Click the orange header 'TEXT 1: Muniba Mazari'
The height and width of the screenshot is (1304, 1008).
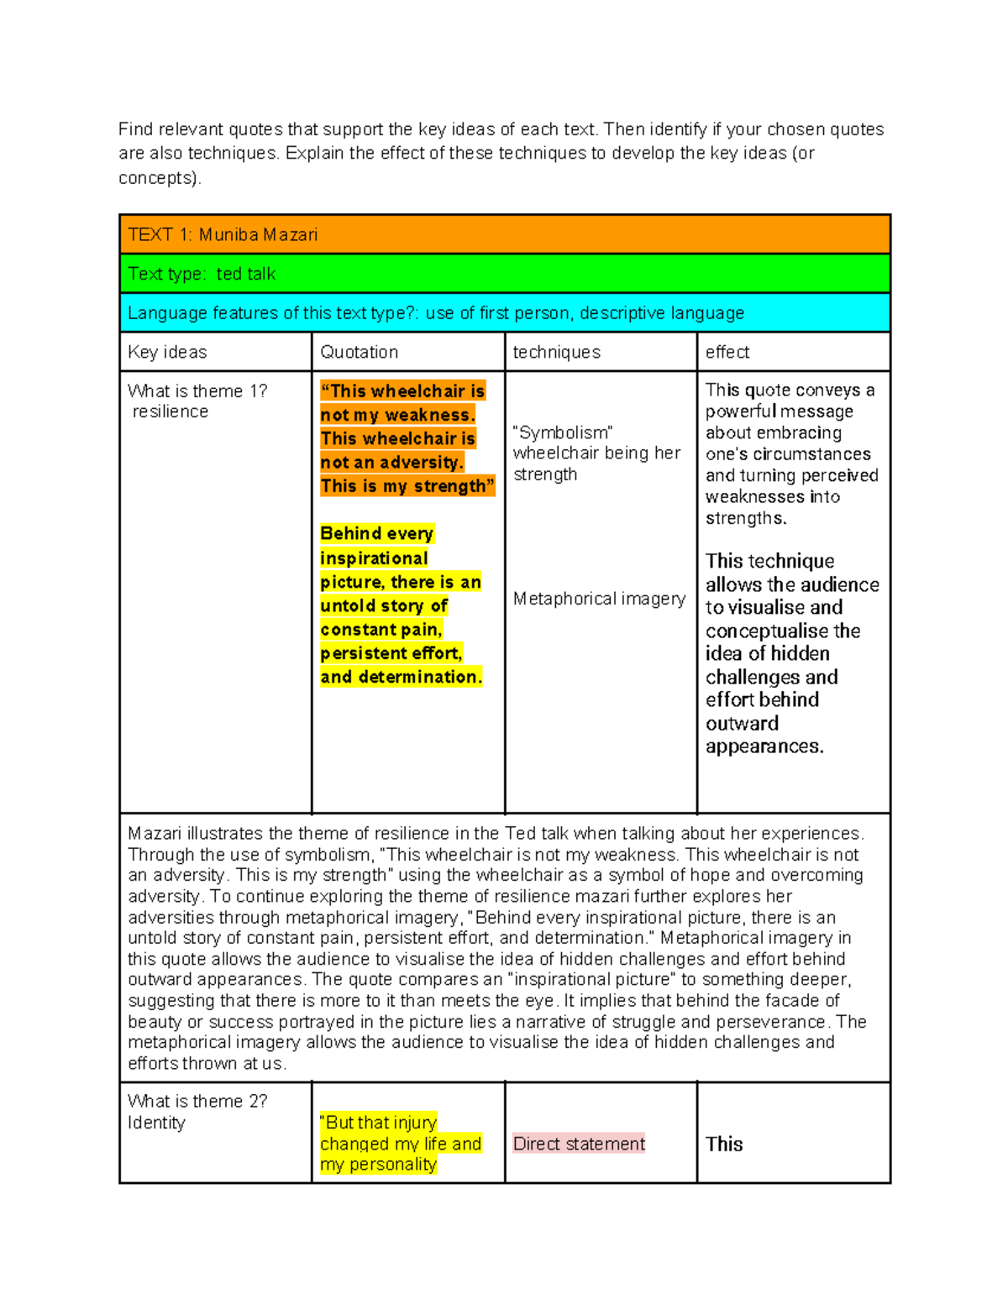click(x=223, y=235)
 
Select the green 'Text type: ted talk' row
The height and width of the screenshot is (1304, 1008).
click(x=202, y=275)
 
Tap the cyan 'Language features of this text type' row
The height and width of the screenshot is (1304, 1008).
click(x=435, y=313)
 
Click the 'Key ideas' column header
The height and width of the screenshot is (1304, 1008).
click(x=167, y=353)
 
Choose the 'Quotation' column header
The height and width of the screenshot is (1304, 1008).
click(x=359, y=353)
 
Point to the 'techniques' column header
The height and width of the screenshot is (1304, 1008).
click(x=556, y=353)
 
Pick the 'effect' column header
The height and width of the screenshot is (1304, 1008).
click(x=727, y=353)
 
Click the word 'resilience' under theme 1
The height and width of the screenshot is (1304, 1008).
click(x=171, y=412)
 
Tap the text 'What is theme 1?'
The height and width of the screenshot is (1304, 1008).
click(x=197, y=391)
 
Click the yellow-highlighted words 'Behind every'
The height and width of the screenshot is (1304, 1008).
click(x=376, y=534)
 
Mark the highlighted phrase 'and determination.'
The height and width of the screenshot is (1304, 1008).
click(x=401, y=677)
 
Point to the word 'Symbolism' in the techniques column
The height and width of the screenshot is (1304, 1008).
click(x=562, y=433)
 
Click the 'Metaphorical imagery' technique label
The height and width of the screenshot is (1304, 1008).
click(x=599, y=599)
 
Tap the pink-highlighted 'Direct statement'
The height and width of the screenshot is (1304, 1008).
click(x=579, y=1144)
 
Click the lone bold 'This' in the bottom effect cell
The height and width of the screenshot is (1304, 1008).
click(x=724, y=1144)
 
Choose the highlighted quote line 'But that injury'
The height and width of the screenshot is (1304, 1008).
click(x=380, y=1123)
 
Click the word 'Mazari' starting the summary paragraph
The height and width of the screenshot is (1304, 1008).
click(x=155, y=834)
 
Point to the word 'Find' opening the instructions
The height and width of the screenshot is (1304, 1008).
click(x=135, y=129)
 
